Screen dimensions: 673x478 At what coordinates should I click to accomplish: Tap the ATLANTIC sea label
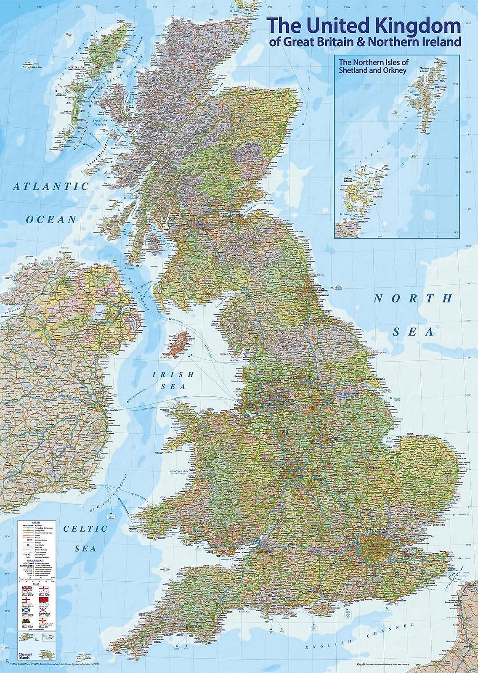click(x=51, y=186)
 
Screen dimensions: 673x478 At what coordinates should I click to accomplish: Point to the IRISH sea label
click(x=173, y=374)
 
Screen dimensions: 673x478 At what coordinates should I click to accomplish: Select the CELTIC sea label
click(x=85, y=529)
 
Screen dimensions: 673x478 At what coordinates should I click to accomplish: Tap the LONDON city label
click(x=373, y=546)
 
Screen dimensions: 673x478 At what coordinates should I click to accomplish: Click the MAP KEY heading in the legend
click(x=36, y=522)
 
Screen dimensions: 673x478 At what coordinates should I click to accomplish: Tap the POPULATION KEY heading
click(x=36, y=561)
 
